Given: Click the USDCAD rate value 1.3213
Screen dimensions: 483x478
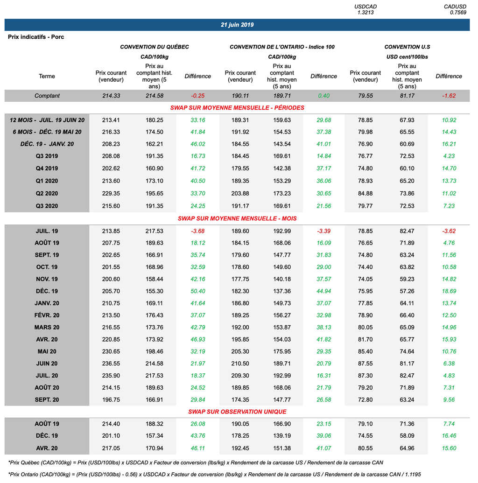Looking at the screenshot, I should [366, 13].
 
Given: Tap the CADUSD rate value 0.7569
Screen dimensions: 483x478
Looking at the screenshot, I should [458, 13].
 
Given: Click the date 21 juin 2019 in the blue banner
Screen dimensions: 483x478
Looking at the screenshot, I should [237, 25].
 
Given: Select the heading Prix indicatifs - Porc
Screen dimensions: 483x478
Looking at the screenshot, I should [36, 37].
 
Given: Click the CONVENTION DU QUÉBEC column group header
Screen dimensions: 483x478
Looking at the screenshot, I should [155, 47].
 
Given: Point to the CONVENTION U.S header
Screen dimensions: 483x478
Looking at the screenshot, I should [407, 47].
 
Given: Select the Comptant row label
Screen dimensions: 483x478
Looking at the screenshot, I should [47, 96].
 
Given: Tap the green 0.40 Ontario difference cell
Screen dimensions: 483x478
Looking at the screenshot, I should [323, 96].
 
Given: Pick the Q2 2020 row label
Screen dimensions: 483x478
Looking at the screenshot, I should [47, 193].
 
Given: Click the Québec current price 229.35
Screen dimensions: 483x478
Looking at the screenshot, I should [111, 193].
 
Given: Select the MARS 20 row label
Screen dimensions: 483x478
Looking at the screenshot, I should [47, 328].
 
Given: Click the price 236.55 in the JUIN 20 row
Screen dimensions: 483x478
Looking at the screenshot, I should [111, 364].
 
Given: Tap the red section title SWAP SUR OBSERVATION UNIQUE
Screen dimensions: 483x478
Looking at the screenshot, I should [237, 412].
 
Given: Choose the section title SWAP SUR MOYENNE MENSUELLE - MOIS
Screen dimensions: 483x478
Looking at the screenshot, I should [237, 218].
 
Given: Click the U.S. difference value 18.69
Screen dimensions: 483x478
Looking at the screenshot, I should [449, 291].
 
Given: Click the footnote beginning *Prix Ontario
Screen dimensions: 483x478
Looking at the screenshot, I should [215, 474].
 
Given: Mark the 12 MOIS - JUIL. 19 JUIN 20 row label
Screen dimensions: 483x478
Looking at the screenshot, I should [47, 120].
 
